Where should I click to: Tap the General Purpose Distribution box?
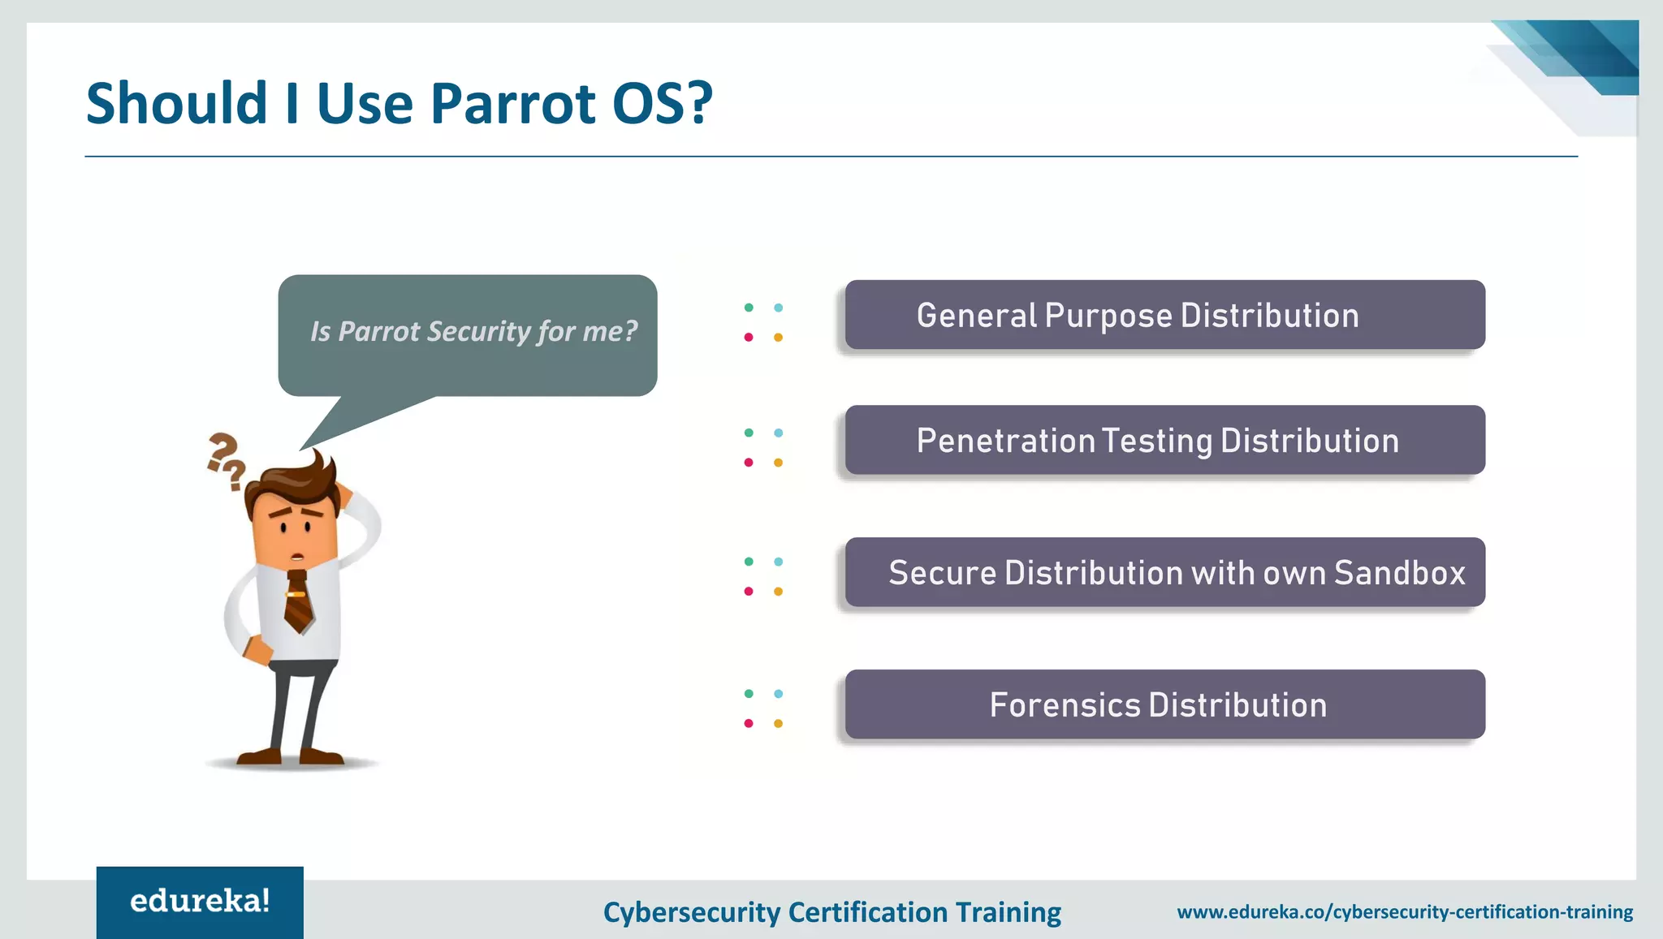click(1164, 315)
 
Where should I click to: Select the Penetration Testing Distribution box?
click(1164, 440)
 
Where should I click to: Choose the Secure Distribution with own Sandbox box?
click(1164, 572)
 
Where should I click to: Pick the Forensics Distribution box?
click(1164, 704)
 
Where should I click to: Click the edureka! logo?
click(200, 901)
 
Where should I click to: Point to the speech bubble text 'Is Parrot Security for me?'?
click(473, 331)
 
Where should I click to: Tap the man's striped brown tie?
click(298, 601)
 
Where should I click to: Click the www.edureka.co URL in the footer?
click(1405, 911)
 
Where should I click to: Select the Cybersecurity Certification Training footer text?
click(831, 911)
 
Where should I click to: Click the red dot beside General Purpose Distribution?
click(749, 337)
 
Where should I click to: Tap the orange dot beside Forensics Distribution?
click(778, 723)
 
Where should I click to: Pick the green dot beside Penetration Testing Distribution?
click(749, 433)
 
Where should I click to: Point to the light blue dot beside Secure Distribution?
click(778, 562)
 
